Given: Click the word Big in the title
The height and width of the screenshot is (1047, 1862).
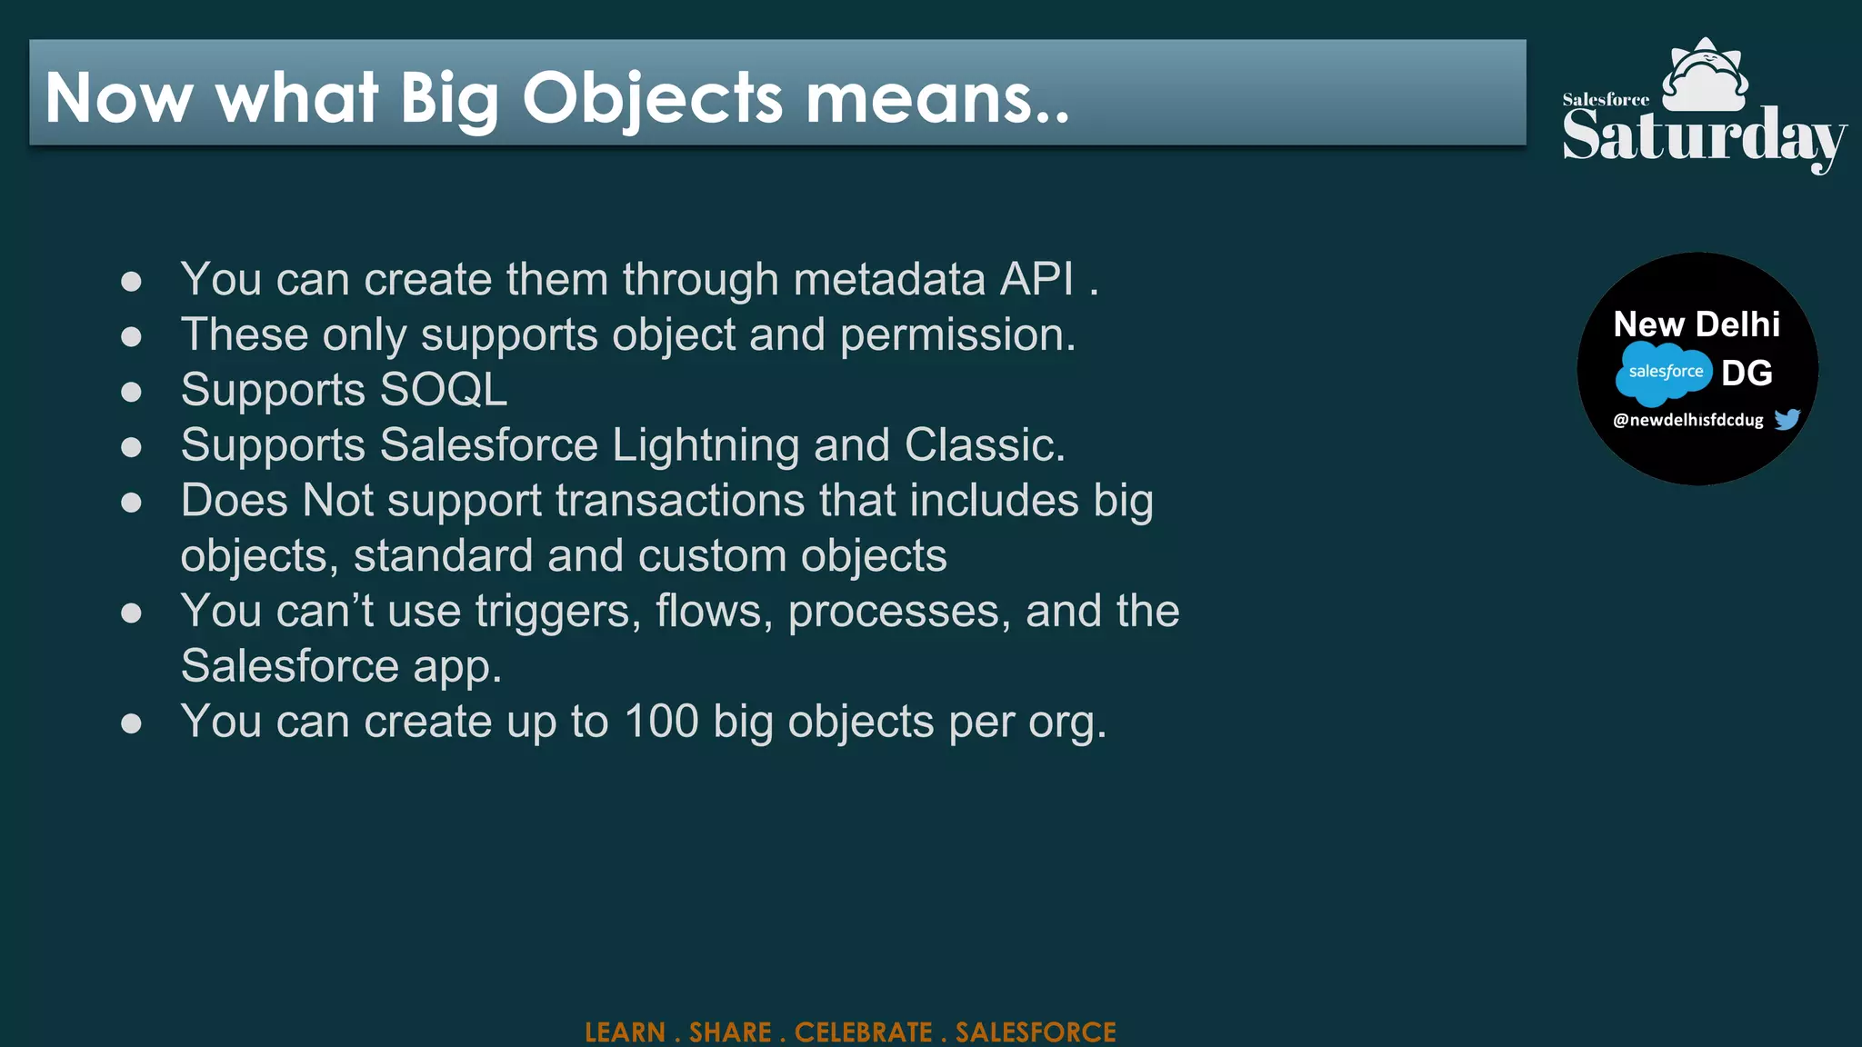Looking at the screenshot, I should (449, 98).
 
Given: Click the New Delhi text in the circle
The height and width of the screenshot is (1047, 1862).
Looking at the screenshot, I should (1697, 324).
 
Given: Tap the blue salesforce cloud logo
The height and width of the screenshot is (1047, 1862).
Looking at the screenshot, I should (1664, 372).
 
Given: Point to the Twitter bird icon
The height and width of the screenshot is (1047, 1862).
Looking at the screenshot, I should (1787, 419).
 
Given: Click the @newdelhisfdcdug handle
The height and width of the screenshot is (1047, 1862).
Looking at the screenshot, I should (1687, 420).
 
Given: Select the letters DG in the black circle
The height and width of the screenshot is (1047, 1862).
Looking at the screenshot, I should (1747, 373).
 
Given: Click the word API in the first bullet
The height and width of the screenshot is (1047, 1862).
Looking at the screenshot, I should (1036, 279).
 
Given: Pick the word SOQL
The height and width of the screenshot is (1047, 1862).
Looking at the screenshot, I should (444, 390).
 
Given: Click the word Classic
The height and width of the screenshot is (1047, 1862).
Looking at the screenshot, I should (985, 445).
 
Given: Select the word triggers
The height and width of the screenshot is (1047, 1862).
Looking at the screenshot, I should (553, 611).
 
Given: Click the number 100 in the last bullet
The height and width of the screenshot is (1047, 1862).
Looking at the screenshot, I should (661, 722).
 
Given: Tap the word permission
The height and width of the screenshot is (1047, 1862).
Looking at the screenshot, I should (957, 334).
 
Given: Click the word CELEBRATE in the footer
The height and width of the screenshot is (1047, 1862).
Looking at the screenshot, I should (863, 1032).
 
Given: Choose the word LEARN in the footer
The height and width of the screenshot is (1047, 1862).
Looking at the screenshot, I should (626, 1032).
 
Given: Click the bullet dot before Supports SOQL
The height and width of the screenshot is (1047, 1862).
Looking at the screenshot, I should (132, 392).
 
